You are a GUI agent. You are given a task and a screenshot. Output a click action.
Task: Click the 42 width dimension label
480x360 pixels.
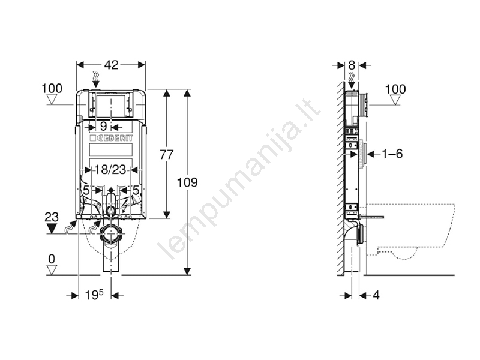(x=111, y=65)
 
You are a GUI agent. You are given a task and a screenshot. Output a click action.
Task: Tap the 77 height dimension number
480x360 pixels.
(x=167, y=155)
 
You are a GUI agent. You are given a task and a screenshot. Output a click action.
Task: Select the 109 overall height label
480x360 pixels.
(x=187, y=182)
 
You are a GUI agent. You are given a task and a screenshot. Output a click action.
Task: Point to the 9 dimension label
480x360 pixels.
(x=103, y=127)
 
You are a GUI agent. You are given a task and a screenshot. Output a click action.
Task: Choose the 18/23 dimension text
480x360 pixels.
(x=110, y=169)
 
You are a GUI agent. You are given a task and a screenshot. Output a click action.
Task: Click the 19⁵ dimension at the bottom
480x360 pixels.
(x=94, y=295)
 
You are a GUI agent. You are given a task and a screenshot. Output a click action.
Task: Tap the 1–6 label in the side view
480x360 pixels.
(x=392, y=154)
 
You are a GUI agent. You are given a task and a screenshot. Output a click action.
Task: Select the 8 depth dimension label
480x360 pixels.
(x=352, y=65)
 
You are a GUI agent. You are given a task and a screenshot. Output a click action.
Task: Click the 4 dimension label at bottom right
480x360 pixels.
(x=376, y=295)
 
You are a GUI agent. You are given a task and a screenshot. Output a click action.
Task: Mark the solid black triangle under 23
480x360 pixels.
(x=52, y=228)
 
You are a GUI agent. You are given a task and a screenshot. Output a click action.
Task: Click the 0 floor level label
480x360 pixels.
(x=52, y=259)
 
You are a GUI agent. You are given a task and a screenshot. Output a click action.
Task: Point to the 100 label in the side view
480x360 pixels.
(x=395, y=89)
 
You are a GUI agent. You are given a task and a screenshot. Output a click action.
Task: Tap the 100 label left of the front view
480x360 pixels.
(x=52, y=88)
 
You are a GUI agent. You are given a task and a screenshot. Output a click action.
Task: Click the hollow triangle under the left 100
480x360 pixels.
(x=52, y=100)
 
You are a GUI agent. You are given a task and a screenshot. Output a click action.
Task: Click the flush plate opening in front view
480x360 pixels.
(x=110, y=106)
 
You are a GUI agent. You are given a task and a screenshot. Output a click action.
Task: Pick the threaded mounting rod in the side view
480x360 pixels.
(x=371, y=217)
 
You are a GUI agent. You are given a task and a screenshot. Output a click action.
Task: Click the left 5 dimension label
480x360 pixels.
(x=86, y=190)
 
